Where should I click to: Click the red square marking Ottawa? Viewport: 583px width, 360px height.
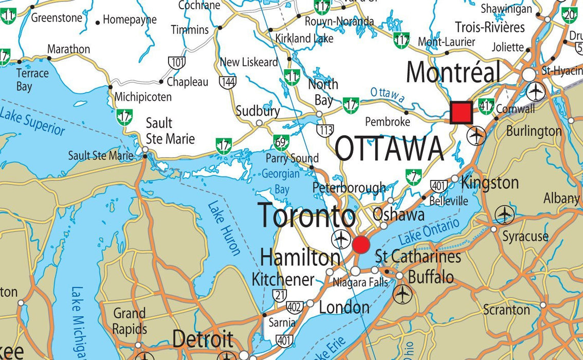[x=461, y=113]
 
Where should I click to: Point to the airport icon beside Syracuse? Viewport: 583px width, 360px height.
[x=504, y=214]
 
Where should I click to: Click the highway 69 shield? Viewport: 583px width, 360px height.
[x=281, y=142]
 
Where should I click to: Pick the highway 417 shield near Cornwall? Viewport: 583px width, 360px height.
[x=486, y=106]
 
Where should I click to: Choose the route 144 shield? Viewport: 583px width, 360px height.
[x=227, y=81]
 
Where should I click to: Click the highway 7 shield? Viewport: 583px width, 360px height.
[x=413, y=177]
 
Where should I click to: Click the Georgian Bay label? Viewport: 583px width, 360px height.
[x=281, y=182]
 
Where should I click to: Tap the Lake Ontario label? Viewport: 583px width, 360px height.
[x=428, y=232]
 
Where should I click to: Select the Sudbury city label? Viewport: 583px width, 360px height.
[x=258, y=111]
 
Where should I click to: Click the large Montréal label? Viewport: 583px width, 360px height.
[x=453, y=72]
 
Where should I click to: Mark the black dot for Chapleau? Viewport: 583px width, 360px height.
[x=161, y=82]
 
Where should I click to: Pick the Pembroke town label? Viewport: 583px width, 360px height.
[x=387, y=122]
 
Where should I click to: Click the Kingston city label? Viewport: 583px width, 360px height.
[x=489, y=183]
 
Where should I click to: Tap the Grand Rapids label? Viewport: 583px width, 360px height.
[x=130, y=321]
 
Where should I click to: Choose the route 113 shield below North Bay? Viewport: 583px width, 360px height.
[x=325, y=131]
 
